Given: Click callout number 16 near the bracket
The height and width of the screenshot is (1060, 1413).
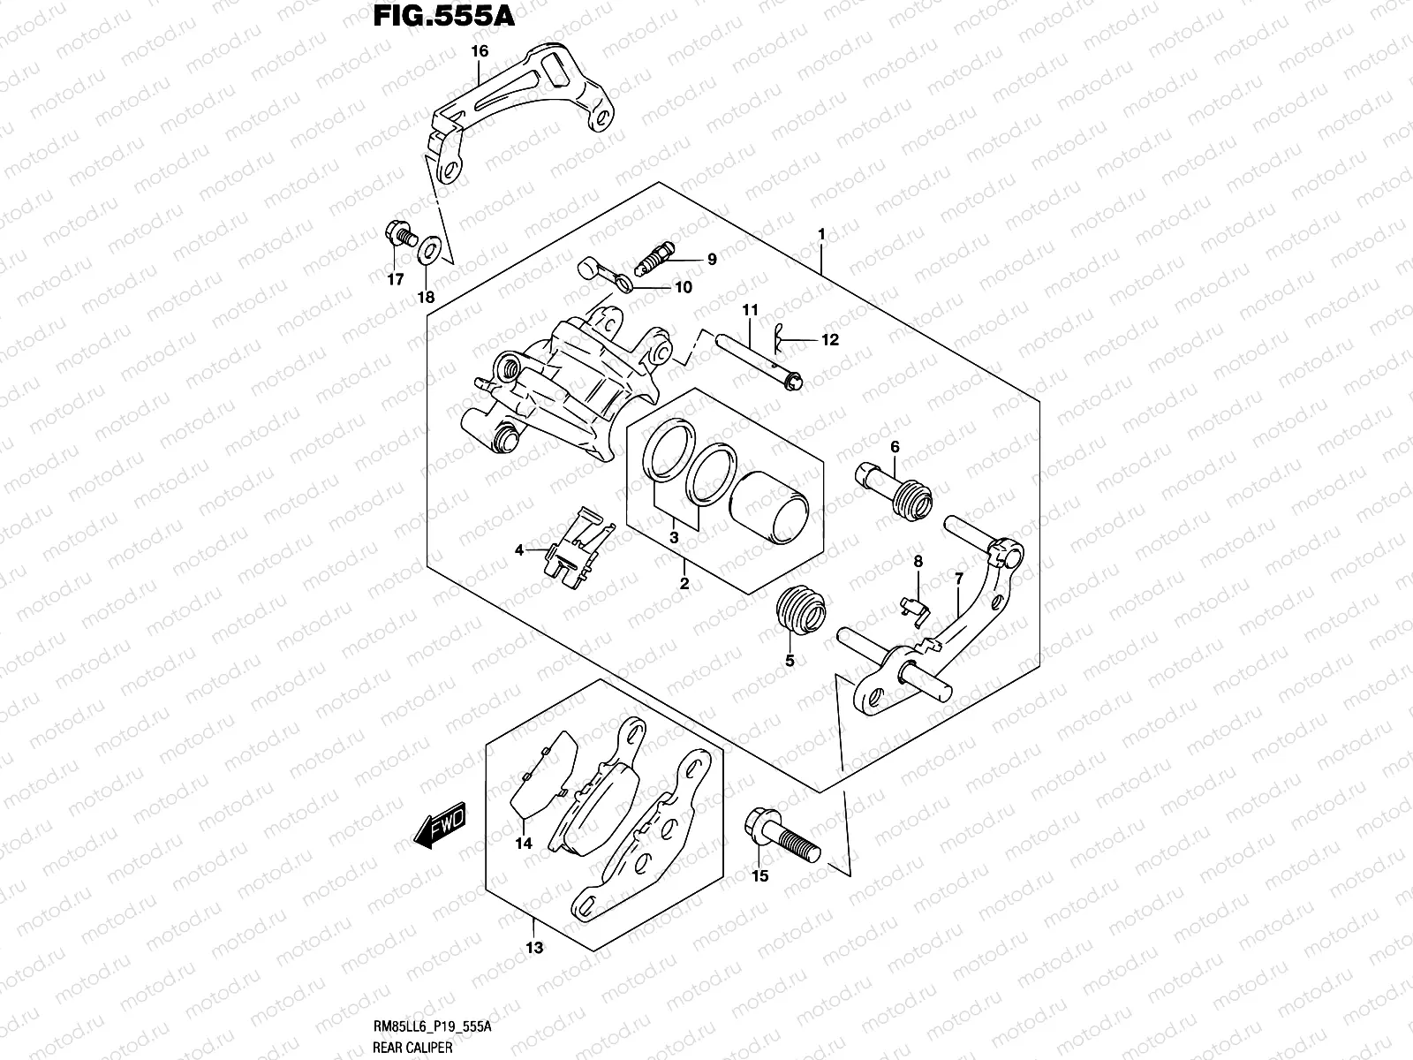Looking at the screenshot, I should [x=479, y=51].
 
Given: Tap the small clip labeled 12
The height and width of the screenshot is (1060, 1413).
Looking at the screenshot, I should [x=780, y=335].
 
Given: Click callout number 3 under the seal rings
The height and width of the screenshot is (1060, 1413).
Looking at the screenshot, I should [x=674, y=537].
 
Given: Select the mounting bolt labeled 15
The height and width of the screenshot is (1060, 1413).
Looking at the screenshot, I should [x=781, y=835].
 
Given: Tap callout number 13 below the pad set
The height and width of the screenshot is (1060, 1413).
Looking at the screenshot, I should [x=534, y=948].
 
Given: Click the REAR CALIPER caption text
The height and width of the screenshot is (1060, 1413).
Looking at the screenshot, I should [x=413, y=1048].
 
